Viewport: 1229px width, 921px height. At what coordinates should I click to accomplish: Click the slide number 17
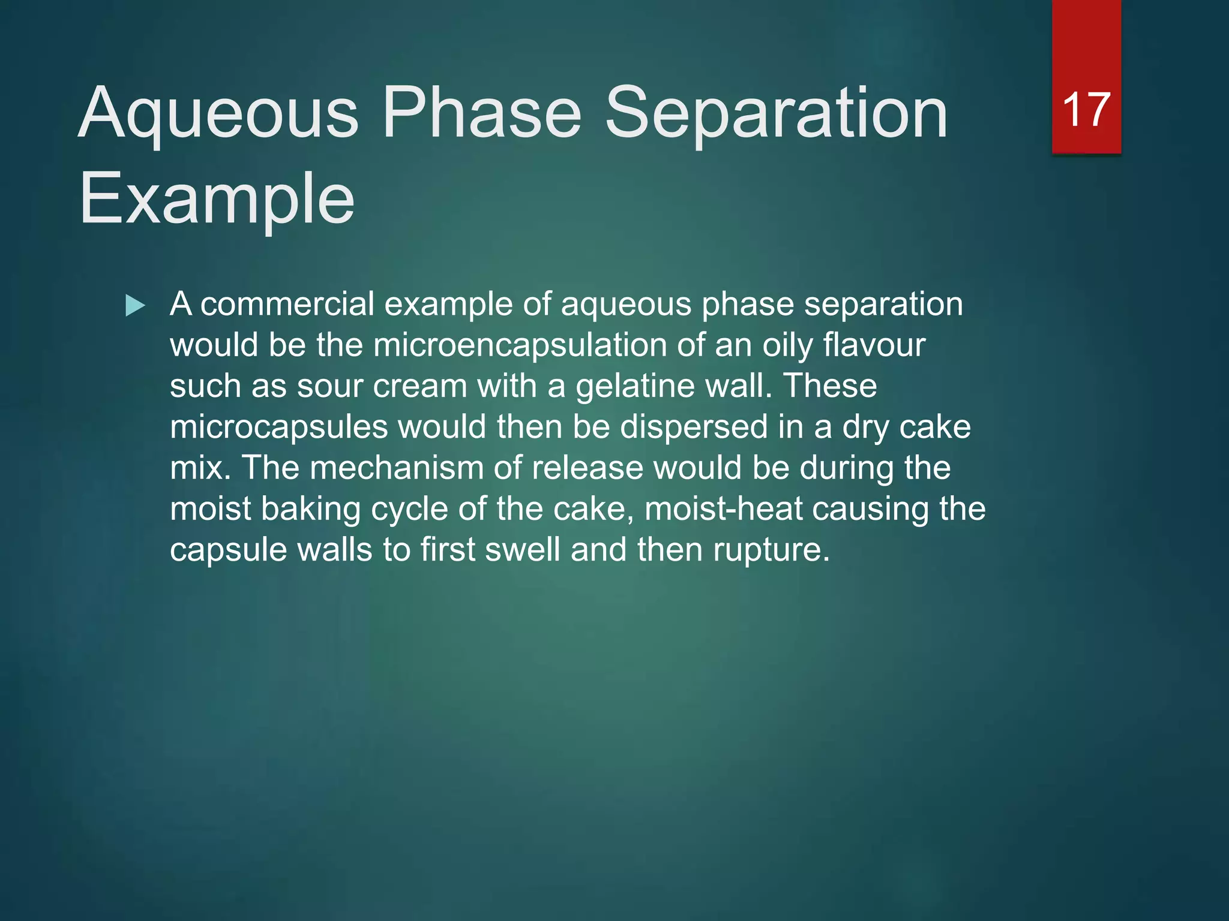coord(1086,110)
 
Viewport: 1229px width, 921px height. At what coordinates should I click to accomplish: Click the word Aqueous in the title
coord(218,113)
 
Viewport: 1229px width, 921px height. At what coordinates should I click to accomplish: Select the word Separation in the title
coord(776,113)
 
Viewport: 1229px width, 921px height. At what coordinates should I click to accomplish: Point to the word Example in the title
coord(217,199)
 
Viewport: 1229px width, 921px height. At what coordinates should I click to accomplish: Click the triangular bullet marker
coord(135,306)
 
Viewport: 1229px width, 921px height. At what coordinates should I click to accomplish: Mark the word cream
coord(420,386)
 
